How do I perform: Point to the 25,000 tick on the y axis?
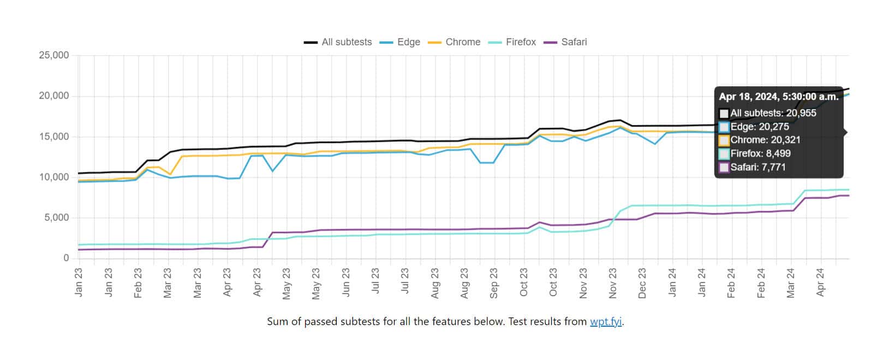coord(53,55)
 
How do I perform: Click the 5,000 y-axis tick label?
coord(56,218)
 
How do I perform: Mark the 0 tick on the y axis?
coord(66,258)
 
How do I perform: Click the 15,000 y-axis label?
coord(53,136)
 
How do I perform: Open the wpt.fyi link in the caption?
coord(606,322)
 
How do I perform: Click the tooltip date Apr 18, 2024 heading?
coord(778,97)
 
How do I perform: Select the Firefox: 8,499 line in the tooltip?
coord(760,153)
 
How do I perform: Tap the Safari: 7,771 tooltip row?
coord(757,167)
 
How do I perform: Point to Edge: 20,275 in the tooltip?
coord(759,127)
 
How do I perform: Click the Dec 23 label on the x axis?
coord(642,283)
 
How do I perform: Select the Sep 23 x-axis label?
coord(494,283)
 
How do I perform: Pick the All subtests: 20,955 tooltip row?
coord(773,113)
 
